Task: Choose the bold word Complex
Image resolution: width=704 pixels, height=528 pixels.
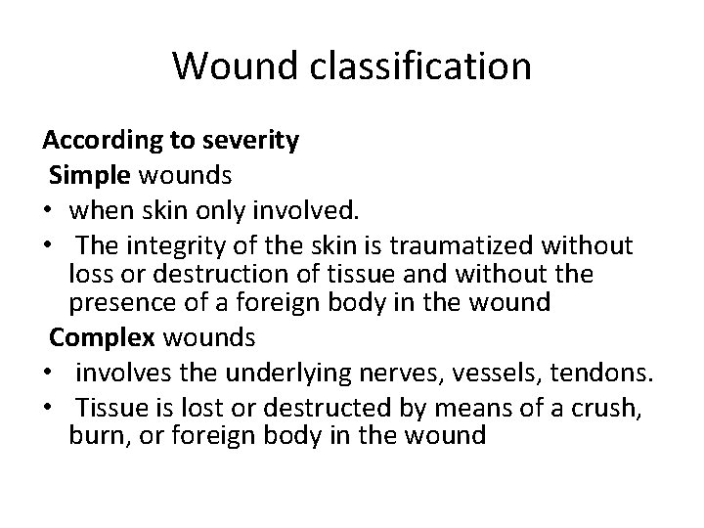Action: [x=100, y=338]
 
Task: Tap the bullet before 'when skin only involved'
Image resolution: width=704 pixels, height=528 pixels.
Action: [x=47, y=208]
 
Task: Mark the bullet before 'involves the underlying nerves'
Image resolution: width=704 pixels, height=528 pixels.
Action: [x=47, y=373]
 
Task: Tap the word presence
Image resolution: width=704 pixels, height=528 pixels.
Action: [x=120, y=304]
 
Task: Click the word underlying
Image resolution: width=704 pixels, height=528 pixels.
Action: [x=286, y=373]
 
